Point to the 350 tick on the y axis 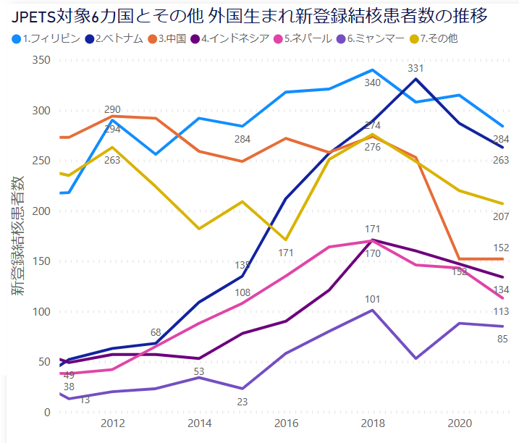coord(41,60)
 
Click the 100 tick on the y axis coord(41,312)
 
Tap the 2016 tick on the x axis coord(286,423)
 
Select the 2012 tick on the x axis coord(112,423)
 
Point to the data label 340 coord(372,83)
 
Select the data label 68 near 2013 coord(156,332)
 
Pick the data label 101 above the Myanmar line coord(372,299)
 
